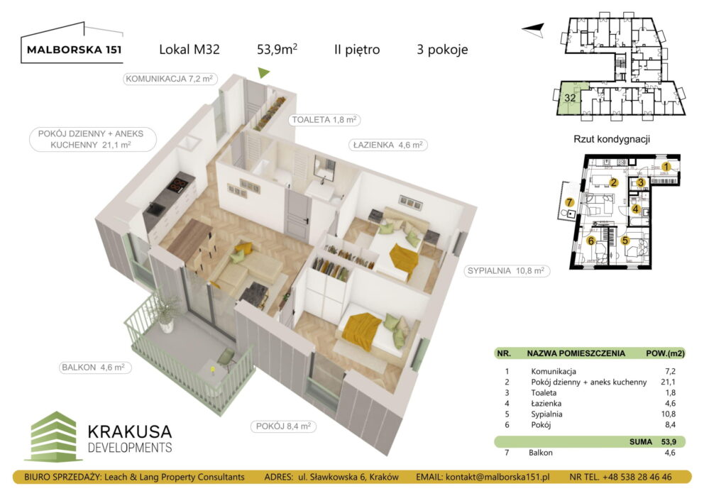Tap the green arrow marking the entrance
tap(263, 72)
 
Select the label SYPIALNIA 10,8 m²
tap(505, 270)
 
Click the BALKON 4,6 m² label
tap(92, 368)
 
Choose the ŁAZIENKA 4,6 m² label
tap(387, 144)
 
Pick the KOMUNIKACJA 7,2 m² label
tap(170, 79)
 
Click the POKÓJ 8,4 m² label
tap(283, 426)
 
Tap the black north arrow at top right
tap(533, 28)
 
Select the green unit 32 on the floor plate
tap(571, 98)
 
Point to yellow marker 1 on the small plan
tap(666, 167)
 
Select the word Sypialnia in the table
tap(546, 414)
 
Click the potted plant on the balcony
tap(167, 312)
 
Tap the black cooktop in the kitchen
tap(177, 187)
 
